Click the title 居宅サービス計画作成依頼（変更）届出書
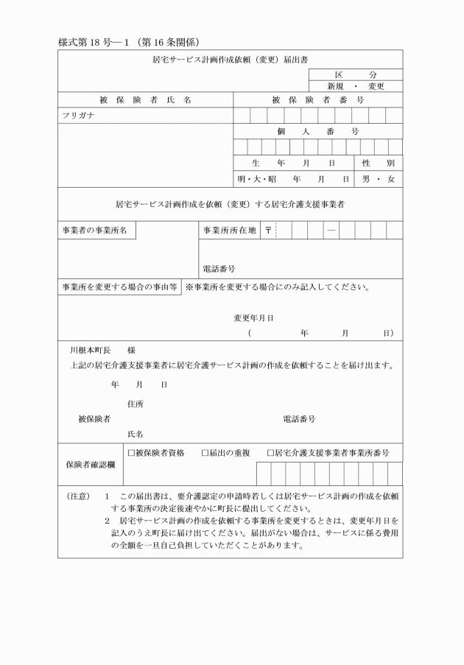230,57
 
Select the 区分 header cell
355,75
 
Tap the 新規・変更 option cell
355,86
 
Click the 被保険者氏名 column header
145,99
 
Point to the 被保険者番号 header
317,99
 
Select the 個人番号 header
317,131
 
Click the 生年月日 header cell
292,162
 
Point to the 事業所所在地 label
229,231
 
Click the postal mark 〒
268,231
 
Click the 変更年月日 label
254,318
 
